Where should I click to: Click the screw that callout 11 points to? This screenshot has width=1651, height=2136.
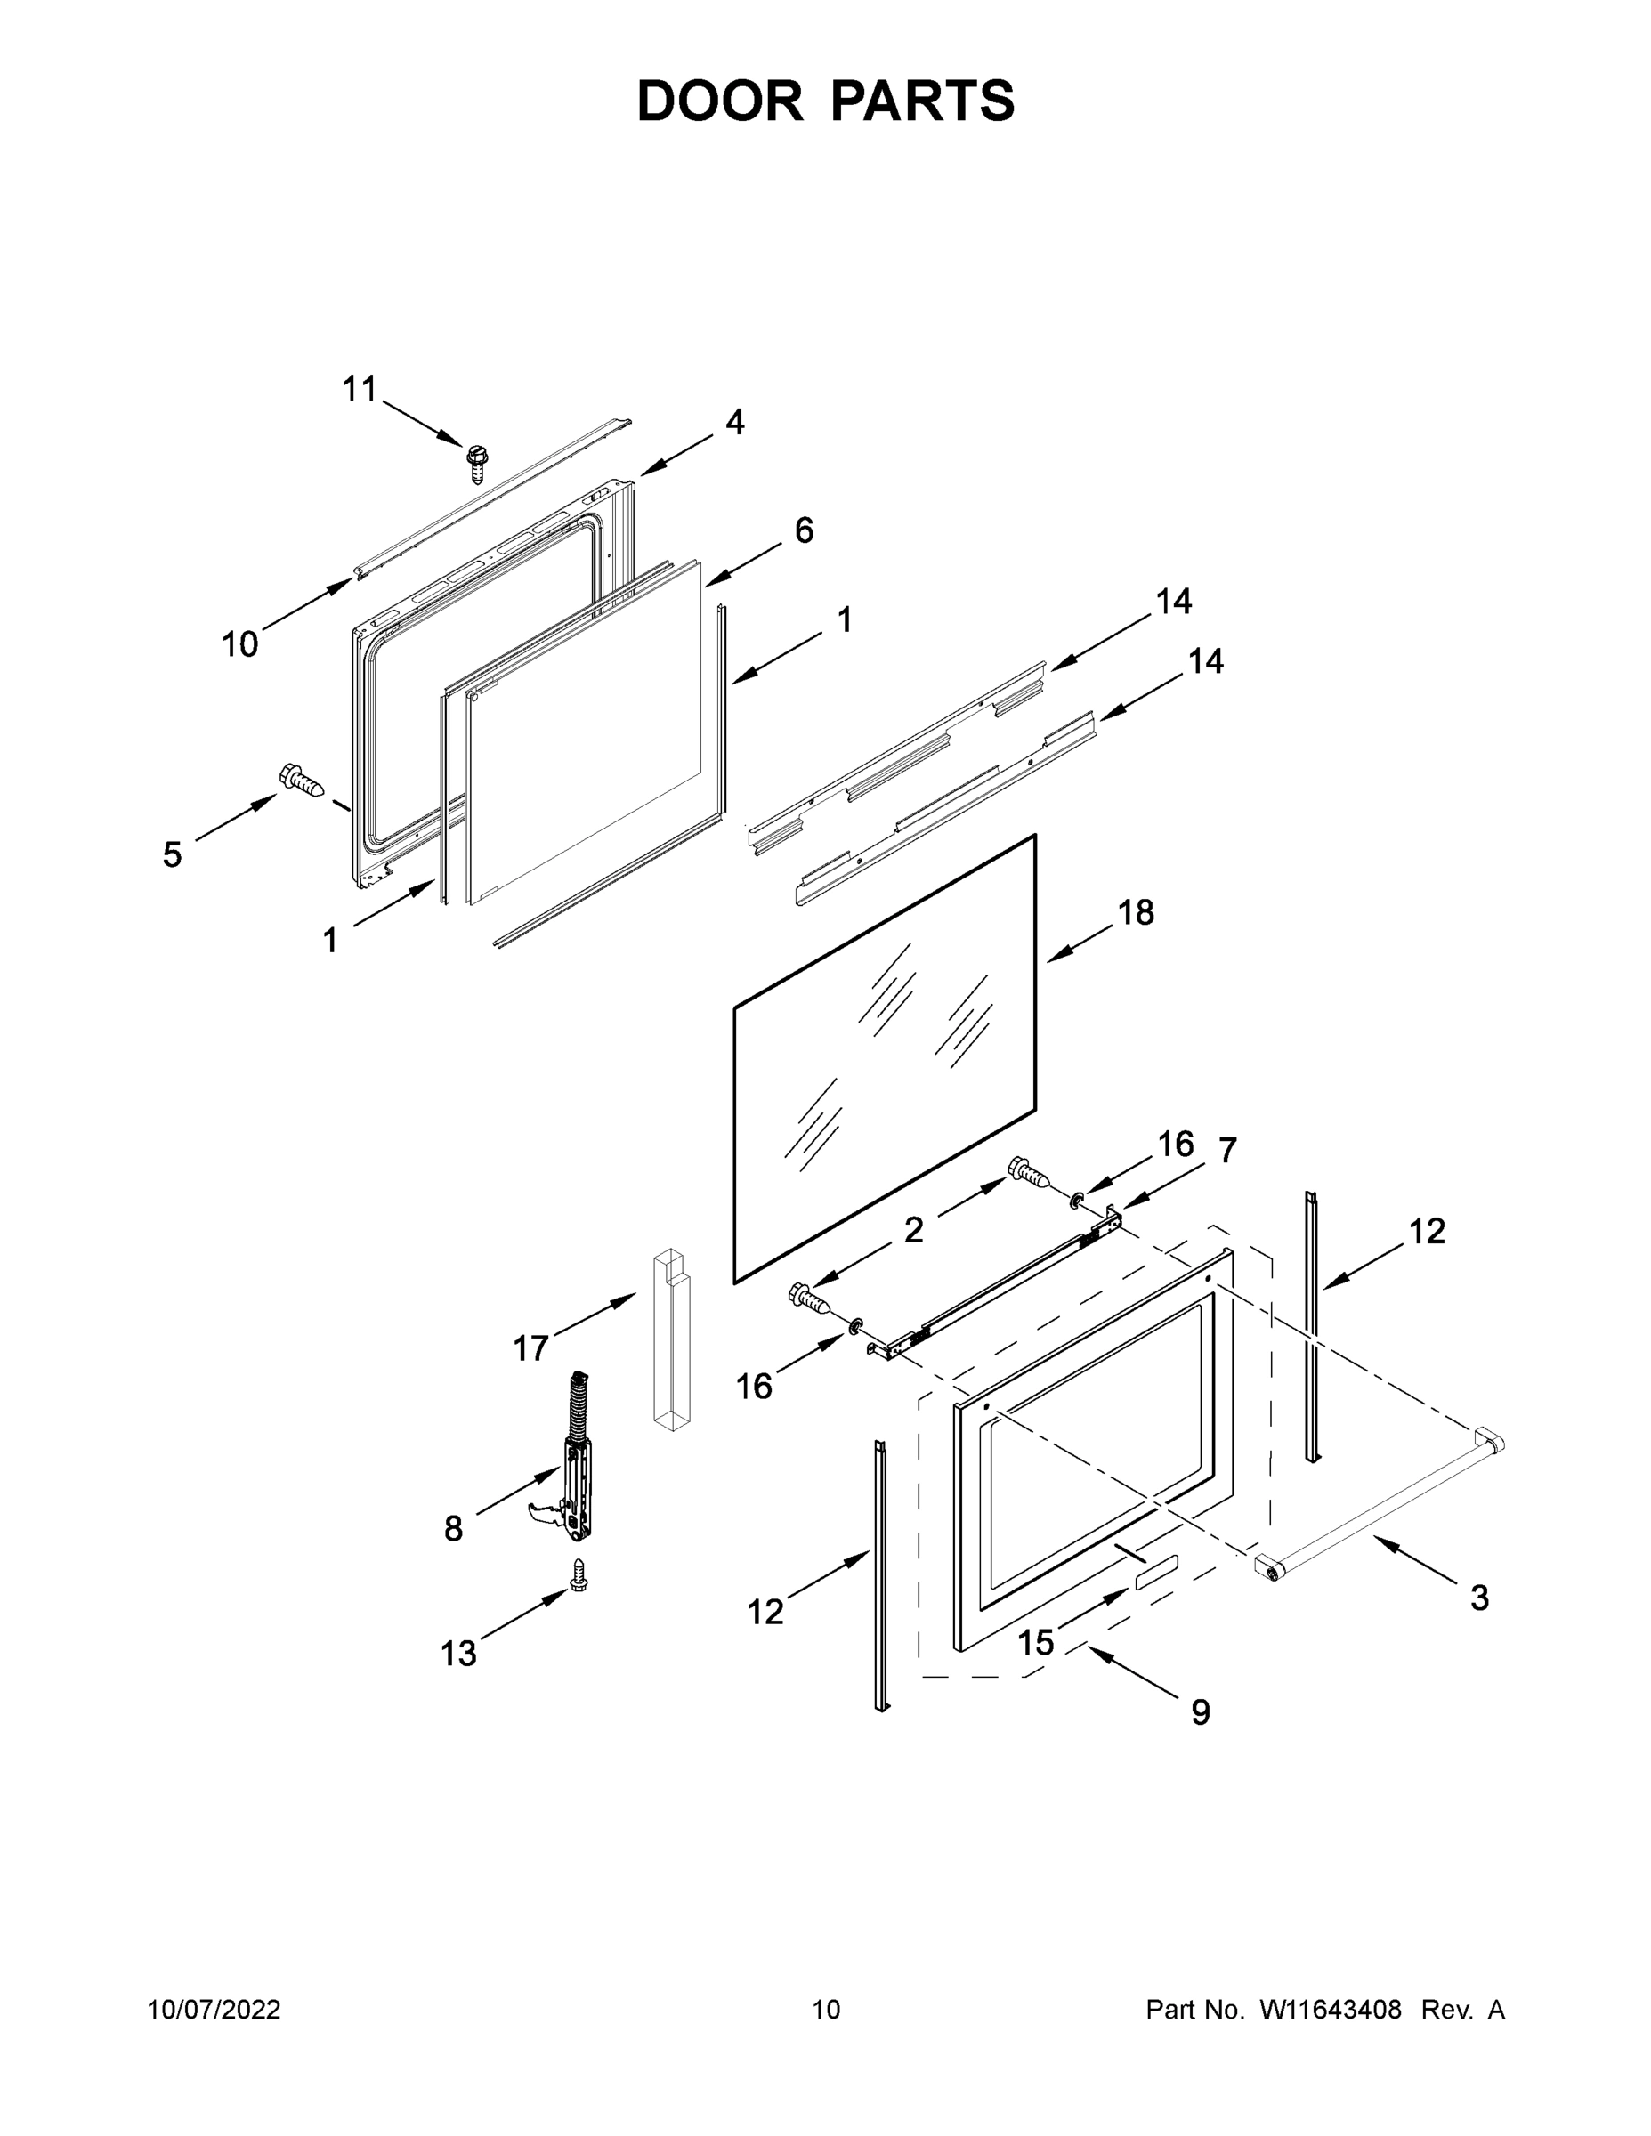click(x=477, y=463)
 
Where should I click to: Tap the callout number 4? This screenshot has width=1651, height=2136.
click(x=734, y=423)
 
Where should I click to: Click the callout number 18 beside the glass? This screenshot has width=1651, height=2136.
click(x=1136, y=912)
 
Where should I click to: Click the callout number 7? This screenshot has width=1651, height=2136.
click(x=1226, y=1150)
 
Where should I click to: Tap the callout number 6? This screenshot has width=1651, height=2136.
click(x=803, y=530)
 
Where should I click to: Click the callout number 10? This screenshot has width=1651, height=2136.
click(x=239, y=644)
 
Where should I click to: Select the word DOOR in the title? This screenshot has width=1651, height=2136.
click(x=720, y=101)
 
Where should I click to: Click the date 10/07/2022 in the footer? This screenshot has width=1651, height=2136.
click(x=214, y=2009)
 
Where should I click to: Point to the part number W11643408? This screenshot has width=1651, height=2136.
click(x=1331, y=2009)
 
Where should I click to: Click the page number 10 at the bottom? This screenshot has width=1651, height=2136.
click(x=826, y=2009)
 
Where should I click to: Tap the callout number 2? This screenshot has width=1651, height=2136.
click(x=912, y=1230)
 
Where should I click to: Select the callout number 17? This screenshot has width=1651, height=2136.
click(x=531, y=1348)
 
